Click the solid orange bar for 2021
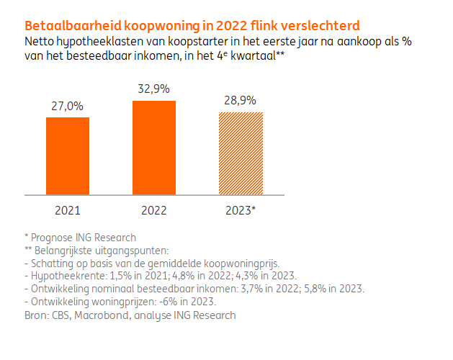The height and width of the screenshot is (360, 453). pyautogui.click(x=68, y=156)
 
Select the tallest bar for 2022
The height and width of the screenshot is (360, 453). pyautogui.click(x=154, y=148)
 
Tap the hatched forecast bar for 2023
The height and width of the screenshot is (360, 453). pyautogui.click(x=241, y=153)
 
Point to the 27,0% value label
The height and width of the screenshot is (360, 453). pyautogui.click(x=68, y=106)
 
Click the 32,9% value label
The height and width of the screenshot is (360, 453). pyautogui.click(x=154, y=89)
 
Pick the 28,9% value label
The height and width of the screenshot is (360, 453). pyautogui.click(x=241, y=101)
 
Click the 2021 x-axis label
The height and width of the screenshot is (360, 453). pyautogui.click(x=68, y=211)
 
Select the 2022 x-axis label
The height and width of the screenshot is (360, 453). pyautogui.click(x=154, y=211)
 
